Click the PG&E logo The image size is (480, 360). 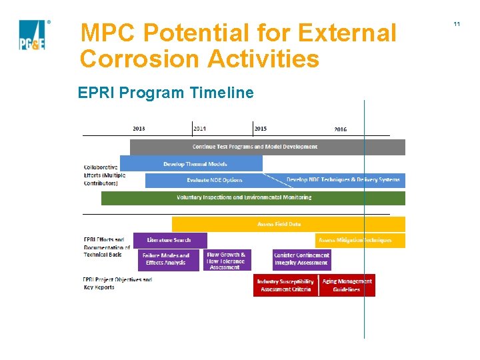pos(32,35)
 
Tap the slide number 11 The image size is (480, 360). pos(457,24)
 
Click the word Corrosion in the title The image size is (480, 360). pos(140,59)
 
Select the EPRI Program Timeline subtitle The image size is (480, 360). pos(165,93)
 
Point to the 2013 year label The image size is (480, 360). pos(139,129)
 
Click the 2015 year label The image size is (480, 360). pos(260,129)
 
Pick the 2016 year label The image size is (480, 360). pos(340,129)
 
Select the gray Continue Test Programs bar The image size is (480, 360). pos(267,147)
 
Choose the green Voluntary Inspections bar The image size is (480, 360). pos(253,198)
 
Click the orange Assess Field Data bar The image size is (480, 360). pos(288,225)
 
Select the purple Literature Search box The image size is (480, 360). pos(169,240)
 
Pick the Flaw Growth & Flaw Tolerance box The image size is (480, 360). pos(226,260)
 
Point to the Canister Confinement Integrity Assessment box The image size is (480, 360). pos(301,259)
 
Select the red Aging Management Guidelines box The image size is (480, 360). pos(347,285)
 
